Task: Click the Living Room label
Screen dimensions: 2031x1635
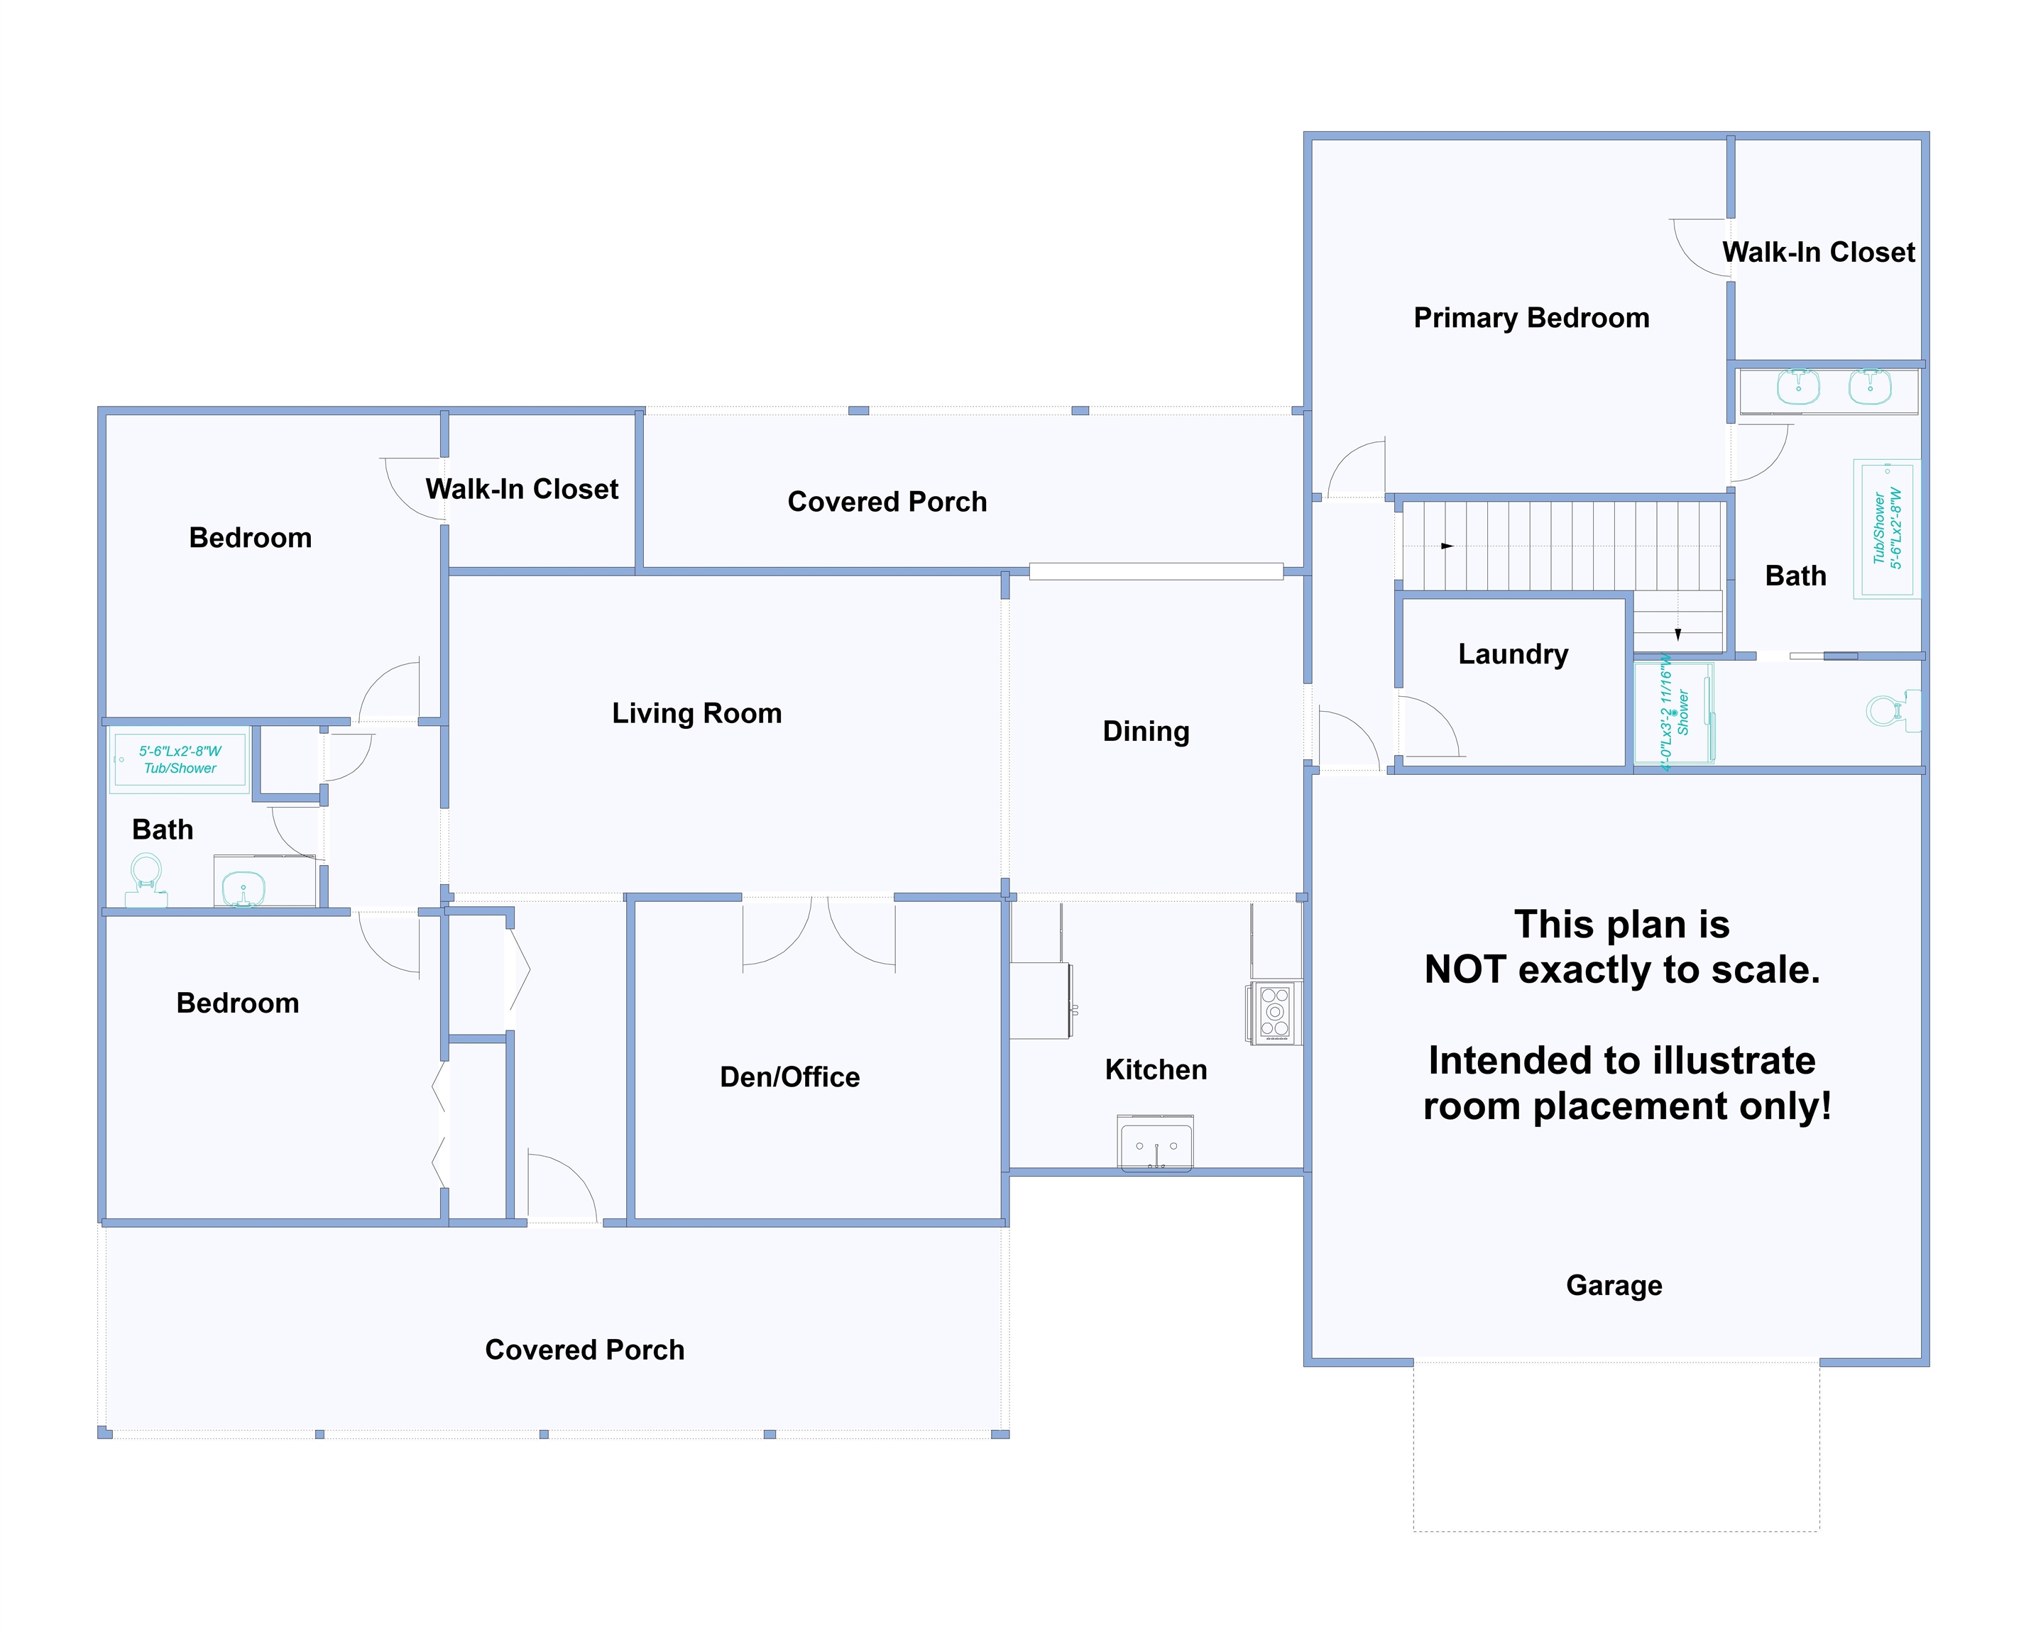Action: (x=697, y=714)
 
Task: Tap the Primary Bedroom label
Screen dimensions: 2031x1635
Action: (x=1532, y=319)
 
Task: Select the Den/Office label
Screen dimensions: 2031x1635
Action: (x=789, y=1077)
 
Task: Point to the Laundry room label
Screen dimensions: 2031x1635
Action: (x=1513, y=654)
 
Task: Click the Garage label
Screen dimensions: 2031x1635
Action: (x=1614, y=1286)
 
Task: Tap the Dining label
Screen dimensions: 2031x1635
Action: (x=1146, y=732)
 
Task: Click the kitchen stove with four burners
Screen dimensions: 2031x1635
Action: (x=1274, y=1013)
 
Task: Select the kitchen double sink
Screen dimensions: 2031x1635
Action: (x=1156, y=1143)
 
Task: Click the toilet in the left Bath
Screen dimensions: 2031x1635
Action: (x=146, y=880)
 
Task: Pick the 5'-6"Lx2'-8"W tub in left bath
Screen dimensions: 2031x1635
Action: (x=180, y=759)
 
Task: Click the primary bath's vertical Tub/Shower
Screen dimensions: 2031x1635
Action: (x=1887, y=529)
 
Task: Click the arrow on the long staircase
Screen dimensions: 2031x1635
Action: (x=1447, y=546)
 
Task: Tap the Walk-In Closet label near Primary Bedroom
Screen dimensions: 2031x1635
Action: (x=1818, y=253)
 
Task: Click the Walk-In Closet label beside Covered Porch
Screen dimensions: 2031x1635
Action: (x=522, y=490)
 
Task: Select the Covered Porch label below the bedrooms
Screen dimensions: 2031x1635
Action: (x=584, y=1350)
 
